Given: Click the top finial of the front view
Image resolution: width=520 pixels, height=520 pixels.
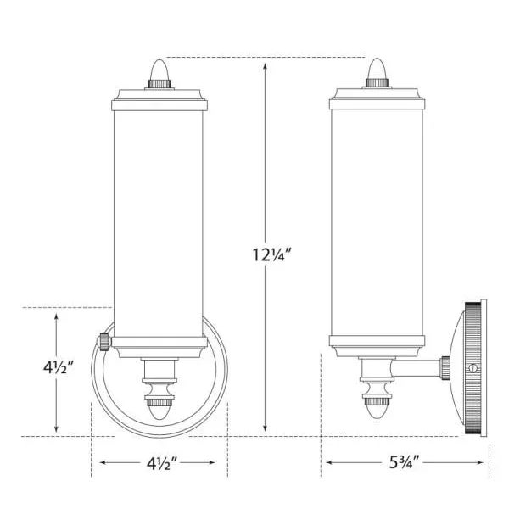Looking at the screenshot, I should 160,68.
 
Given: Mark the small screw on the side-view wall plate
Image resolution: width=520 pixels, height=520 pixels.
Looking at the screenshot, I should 473,368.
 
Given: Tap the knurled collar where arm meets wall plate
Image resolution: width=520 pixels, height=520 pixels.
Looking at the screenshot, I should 444,368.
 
